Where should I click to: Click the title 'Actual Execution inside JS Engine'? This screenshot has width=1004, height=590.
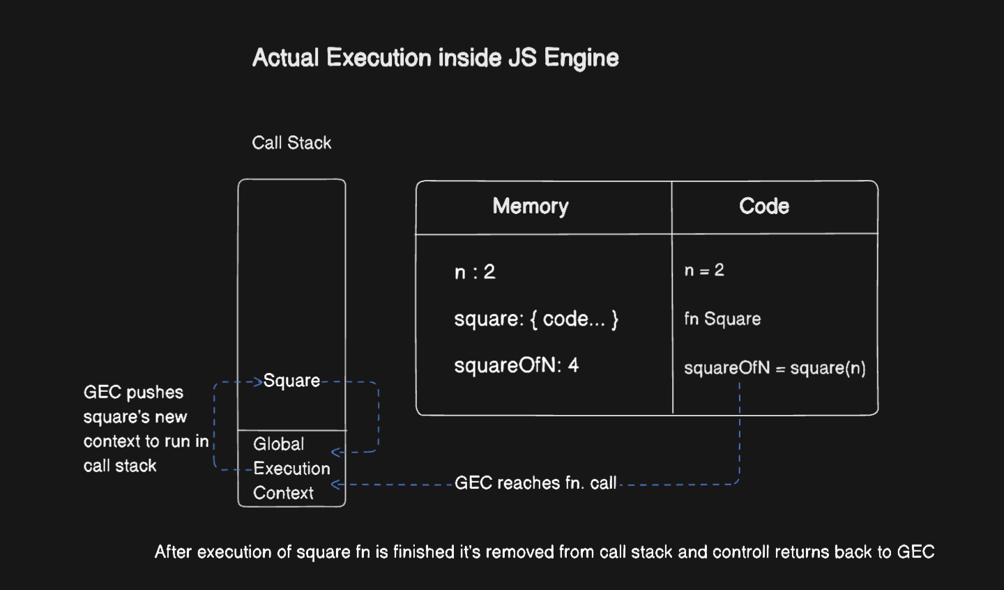point(435,58)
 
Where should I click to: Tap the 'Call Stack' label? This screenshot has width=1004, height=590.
point(291,143)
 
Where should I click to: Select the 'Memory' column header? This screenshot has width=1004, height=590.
point(531,206)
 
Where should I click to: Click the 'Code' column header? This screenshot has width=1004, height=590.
point(764,206)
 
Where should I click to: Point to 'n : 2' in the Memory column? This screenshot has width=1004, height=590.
point(475,272)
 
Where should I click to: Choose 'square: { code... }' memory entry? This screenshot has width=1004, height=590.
point(536,319)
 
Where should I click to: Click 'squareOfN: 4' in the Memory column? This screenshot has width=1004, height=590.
point(516,365)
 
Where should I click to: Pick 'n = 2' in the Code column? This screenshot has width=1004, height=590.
point(704,271)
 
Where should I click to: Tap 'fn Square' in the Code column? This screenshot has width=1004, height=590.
point(722,319)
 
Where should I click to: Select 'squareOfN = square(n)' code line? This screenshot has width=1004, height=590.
point(775,368)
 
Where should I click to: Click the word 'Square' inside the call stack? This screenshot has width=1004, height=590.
point(292,381)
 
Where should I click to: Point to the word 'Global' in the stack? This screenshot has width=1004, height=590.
point(279,444)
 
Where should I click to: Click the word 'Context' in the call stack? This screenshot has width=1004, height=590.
point(283,493)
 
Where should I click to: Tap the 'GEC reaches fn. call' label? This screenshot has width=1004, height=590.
point(535,483)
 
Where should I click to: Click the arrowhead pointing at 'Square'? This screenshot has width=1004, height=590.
point(258,381)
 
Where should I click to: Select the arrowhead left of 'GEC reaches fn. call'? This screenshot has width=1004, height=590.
point(335,484)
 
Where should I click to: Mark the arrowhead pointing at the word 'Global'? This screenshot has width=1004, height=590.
point(335,453)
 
